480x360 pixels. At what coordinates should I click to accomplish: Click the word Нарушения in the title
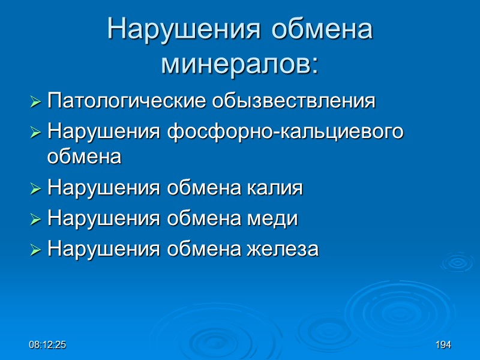(x=183, y=29)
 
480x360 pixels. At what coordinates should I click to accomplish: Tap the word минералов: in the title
(x=239, y=64)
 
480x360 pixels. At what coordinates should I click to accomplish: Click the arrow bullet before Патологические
(x=36, y=102)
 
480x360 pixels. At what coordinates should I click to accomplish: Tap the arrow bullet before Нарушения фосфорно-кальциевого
(x=36, y=131)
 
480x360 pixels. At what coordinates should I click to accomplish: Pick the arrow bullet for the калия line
(x=36, y=190)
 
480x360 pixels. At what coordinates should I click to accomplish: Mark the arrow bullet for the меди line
(x=36, y=219)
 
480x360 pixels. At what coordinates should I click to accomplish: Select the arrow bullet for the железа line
(x=36, y=248)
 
